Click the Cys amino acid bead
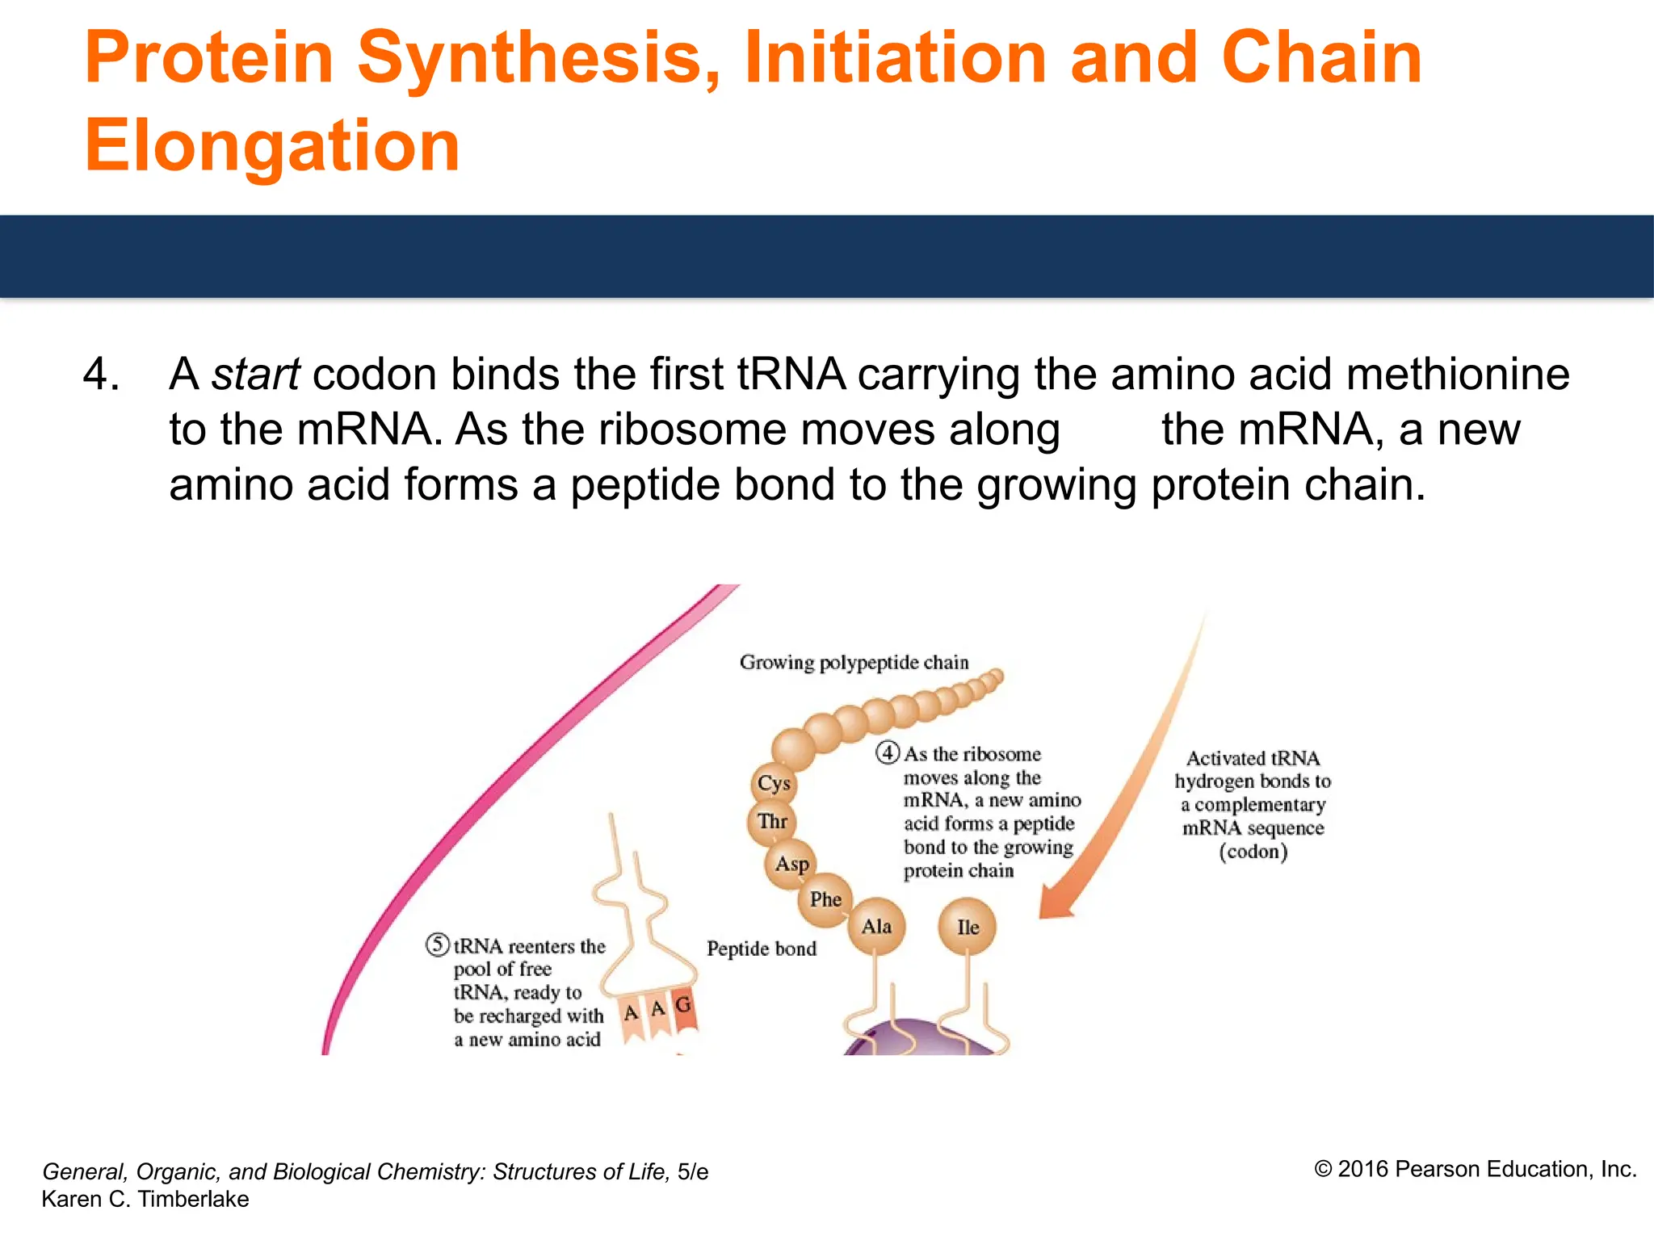pos(774,783)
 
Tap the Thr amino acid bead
pos(772,822)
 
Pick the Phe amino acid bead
pos(825,899)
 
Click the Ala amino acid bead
pos(876,926)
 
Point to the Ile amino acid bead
pos(967,927)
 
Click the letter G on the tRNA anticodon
pos(683,1005)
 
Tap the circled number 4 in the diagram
pos(888,753)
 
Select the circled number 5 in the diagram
pos(438,945)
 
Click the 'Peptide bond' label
pos(762,949)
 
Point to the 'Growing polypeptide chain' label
pos(854,663)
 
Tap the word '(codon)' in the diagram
pos(1253,852)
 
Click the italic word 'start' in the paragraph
pos(255,375)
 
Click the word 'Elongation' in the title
pos(272,146)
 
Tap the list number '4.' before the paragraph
pos(103,375)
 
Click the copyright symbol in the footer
pos(1323,1170)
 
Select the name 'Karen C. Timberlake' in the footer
pos(145,1200)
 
